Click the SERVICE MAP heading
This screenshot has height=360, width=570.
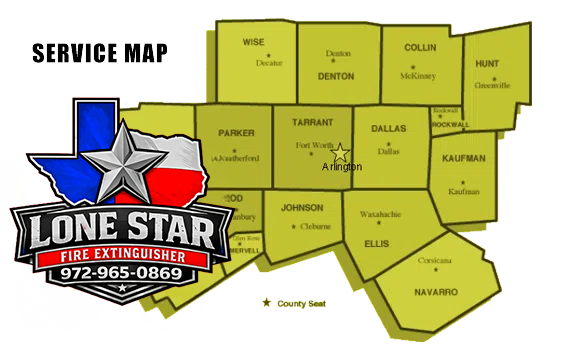tap(99, 52)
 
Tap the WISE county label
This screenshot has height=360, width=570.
tap(254, 42)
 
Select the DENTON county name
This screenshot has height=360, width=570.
tap(336, 75)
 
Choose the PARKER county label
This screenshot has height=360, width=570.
tap(236, 133)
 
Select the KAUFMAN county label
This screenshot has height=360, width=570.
tap(463, 158)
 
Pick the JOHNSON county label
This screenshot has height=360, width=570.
tap(302, 208)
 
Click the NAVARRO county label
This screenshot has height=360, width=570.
tap(436, 291)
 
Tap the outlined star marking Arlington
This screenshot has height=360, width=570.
tap(340, 153)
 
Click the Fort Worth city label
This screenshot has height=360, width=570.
tap(315, 146)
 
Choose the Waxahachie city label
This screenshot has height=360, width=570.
tap(379, 213)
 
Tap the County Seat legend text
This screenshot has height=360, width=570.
tap(302, 303)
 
